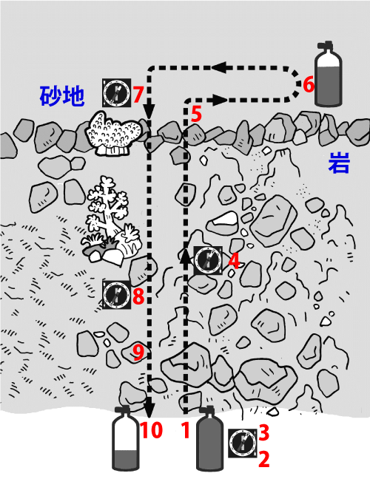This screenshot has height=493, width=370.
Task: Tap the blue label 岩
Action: (339, 163)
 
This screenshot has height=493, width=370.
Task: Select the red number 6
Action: (309, 85)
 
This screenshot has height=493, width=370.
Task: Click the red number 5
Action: (196, 114)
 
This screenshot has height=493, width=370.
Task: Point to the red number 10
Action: (151, 429)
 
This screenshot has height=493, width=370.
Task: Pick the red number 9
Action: (138, 352)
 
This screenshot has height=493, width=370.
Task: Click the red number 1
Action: (186, 430)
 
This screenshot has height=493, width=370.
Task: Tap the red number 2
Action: (264, 459)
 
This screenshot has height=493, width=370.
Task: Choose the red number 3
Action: (264, 432)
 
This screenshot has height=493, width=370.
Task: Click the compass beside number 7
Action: (116, 92)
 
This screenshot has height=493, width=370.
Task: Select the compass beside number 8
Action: (116, 295)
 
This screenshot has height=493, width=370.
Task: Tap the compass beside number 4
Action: (208, 261)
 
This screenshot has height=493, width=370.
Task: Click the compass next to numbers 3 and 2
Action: (242, 443)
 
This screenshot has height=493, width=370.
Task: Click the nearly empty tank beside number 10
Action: (126, 438)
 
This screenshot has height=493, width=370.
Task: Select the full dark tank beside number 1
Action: (209, 438)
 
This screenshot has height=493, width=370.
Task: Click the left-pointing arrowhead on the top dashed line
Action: (220, 67)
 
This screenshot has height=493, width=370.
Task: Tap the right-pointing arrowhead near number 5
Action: (220, 101)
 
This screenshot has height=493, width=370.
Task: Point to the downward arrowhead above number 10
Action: (149, 409)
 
